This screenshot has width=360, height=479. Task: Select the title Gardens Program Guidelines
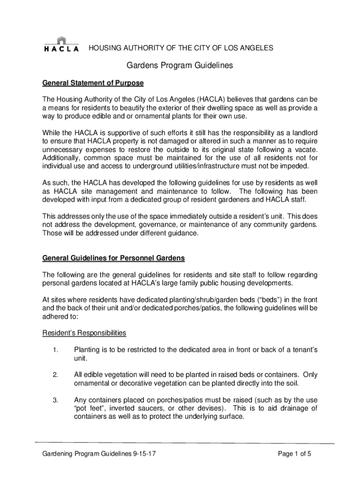click(x=180, y=66)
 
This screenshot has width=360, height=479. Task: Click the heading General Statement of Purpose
click(x=93, y=83)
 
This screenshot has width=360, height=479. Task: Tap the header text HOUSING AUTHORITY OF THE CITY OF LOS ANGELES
click(x=181, y=48)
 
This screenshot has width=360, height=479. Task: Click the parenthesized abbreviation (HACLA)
click(x=213, y=100)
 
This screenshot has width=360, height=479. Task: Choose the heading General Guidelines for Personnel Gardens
click(x=114, y=258)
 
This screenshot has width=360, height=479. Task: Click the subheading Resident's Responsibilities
click(x=84, y=333)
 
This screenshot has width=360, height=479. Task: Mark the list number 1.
click(x=55, y=350)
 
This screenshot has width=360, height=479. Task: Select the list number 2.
click(x=55, y=375)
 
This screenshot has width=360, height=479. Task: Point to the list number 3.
click(x=55, y=400)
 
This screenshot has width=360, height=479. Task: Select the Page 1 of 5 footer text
click(x=295, y=454)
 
